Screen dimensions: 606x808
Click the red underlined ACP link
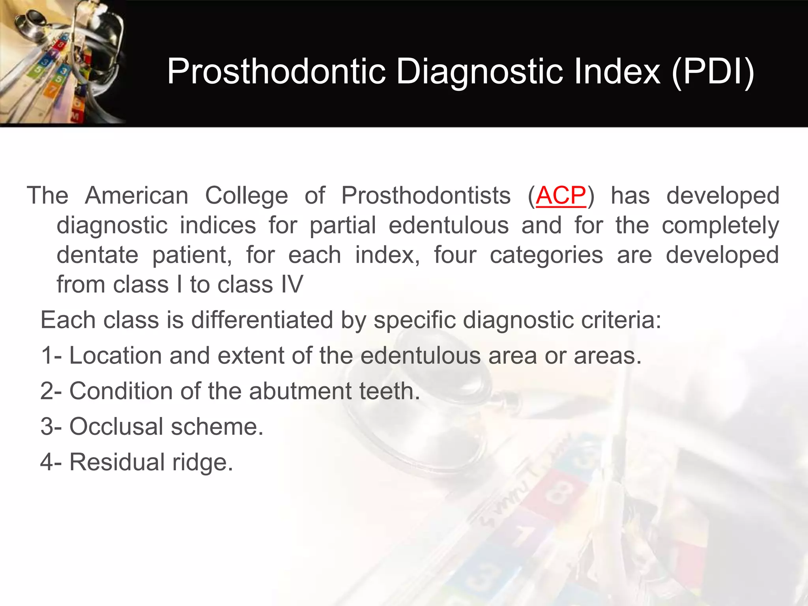561,196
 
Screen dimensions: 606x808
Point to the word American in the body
137,196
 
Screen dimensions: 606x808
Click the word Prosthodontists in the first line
426,196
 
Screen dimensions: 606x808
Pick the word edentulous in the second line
449,225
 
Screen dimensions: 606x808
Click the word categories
546,255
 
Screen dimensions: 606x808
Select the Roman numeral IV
292,284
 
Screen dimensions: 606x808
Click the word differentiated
262,320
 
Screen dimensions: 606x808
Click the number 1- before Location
51,355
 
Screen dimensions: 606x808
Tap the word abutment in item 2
300,391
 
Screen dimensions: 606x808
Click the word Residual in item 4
117,462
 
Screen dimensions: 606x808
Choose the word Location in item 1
116,355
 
